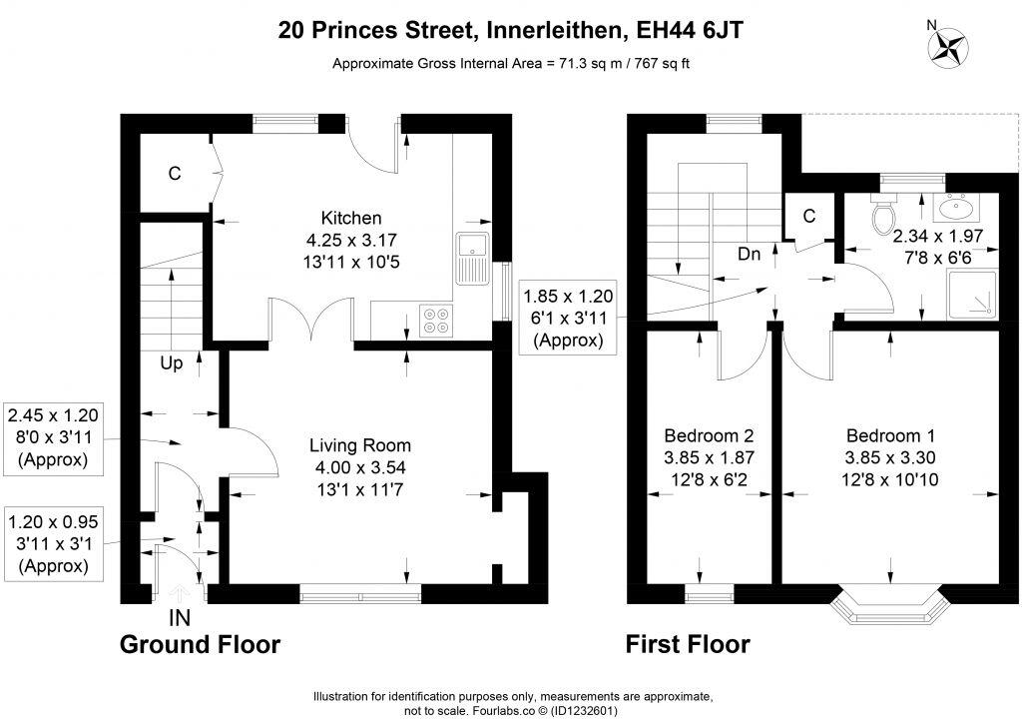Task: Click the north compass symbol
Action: pos(951,46)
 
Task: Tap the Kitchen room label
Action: pos(350,218)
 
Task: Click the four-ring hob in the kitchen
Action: pos(436,320)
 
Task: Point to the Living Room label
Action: pos(359,445)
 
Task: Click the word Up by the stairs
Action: pos(172,363)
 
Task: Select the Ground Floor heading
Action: pos(200,644)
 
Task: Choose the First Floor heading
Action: pos(688,644)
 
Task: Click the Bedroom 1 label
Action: pos(890,436)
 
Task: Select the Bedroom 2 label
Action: pos(709,436)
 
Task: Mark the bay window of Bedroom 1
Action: pos(890,605)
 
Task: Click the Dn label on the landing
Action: pos(750,255)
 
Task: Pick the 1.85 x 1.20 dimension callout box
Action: pos(568,318)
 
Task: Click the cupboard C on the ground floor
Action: pos(174,174)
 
